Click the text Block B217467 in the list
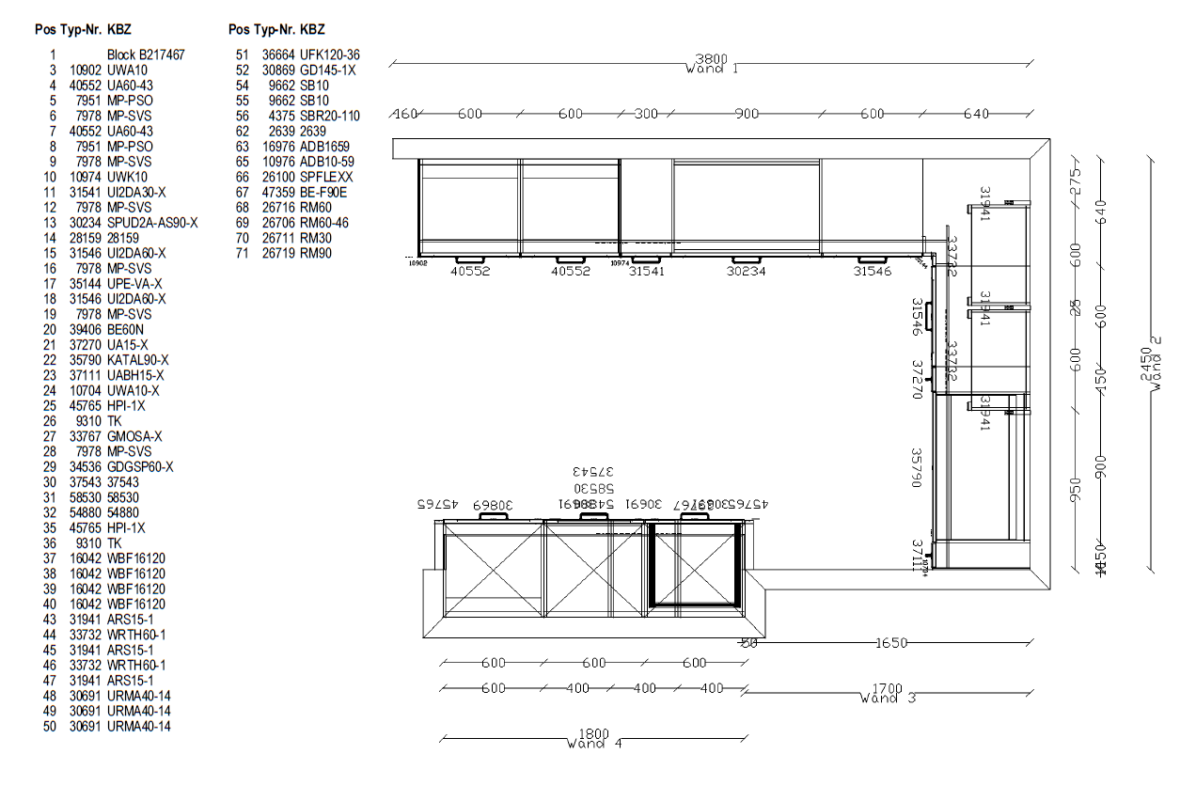pos(146,55)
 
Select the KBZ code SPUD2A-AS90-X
pos(152,223)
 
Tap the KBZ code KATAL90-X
pos(138,360)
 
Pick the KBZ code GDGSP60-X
pos(140,467)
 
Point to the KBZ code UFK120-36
pos(330,55)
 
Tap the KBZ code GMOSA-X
pos(134,436)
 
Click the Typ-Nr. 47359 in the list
pos(278,193)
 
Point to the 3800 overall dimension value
pos(712,55)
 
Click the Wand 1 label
pos(712,69)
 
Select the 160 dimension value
pos(404,115)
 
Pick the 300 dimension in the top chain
pos(646,115)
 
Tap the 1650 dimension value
pos(891,644)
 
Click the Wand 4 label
pos(594,745)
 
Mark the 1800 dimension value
pos(594,734)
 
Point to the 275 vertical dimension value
pos(1077,179)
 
